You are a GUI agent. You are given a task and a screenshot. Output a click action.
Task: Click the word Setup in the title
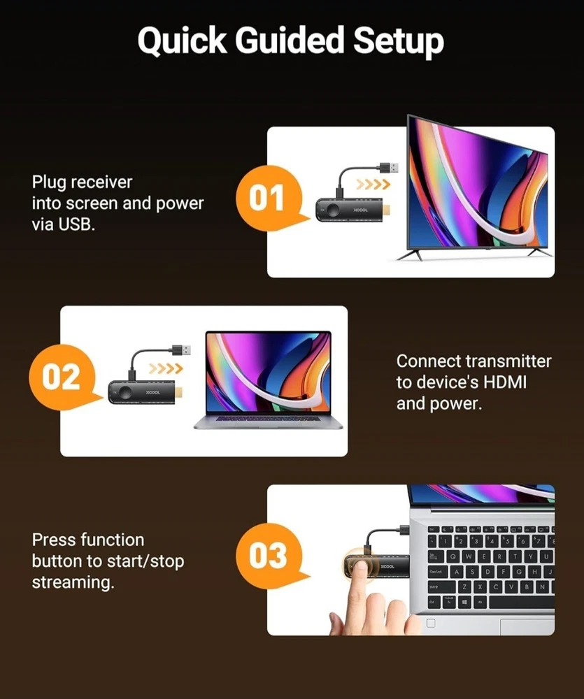(399, 41)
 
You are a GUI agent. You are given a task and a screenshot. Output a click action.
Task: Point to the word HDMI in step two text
(505, 382)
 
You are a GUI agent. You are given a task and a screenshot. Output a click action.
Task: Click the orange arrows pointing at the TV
(373, 184)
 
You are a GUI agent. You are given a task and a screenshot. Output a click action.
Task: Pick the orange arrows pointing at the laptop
(166, 368)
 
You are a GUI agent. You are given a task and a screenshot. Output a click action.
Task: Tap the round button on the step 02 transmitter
(124, 392)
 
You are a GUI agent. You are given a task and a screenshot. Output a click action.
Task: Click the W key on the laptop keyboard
(469, 556)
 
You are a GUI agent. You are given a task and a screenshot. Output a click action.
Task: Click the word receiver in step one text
(101, 182)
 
